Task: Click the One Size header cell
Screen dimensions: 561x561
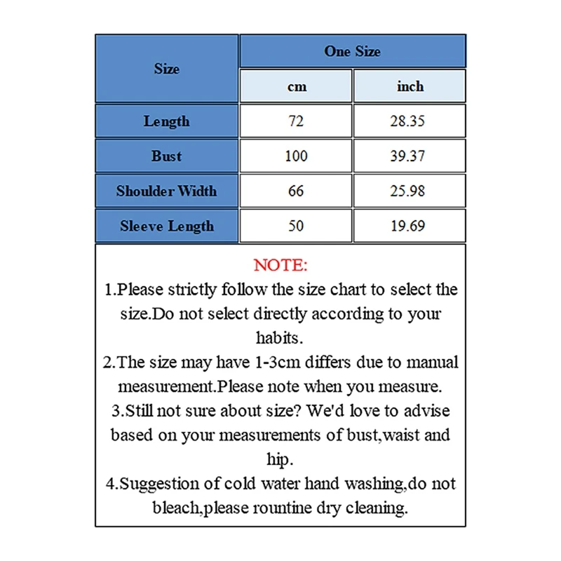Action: point(352,51)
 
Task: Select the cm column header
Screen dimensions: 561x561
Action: point(296,86)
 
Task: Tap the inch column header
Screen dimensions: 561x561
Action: point(410,86)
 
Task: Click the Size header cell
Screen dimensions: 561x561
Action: point(167,69)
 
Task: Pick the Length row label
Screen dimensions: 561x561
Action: point(167,121)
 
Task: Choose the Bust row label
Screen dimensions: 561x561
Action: point(167,156)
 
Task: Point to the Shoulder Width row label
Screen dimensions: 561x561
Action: point(167,191)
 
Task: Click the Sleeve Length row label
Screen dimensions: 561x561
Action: point(167,226)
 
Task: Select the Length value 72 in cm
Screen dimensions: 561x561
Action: point(296,121)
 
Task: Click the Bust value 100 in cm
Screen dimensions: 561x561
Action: point(296,156)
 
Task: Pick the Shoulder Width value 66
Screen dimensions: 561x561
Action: point(296,191)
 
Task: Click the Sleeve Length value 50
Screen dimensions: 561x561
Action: point(296,226)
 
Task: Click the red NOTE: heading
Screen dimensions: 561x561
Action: point(280,265)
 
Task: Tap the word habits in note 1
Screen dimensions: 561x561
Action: point(280,337)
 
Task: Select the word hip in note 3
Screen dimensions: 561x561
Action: point(280,459)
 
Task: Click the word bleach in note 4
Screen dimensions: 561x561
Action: point(176,508)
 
